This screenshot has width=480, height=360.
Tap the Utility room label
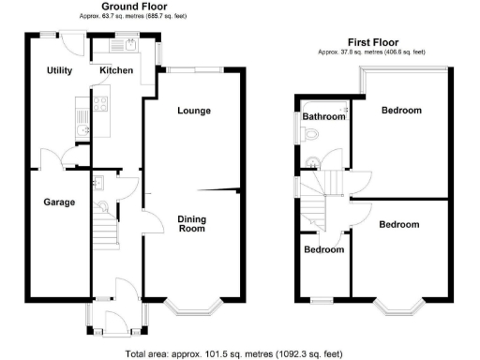(61, 71)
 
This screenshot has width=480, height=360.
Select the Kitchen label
(117, 71)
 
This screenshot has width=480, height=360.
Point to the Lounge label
(193, 111)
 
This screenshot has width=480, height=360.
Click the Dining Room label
(191, 223)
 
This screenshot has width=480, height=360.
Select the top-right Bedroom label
(401, 111)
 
